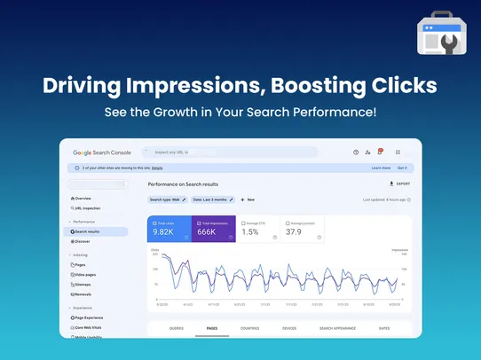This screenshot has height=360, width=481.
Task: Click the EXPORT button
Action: pyautogui.click(x=400, y=184)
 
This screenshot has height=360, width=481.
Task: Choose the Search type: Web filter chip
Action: pyautogui.click(x=169, y=200)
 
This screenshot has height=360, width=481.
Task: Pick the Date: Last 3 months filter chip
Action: pyautogui.click(x=214, y=200)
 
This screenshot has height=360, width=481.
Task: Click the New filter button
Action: pyautogui.click(x=248, y=200)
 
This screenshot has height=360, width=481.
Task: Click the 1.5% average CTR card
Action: pyautogui.click(x=258, y=229)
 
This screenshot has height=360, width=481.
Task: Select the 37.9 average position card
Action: pyautogui.click(x=303, y=229)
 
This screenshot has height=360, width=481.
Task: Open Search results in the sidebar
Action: pyautogui.click(x=89, y=231)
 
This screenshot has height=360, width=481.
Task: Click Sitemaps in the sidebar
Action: pyautogui.click(x=84, y=285)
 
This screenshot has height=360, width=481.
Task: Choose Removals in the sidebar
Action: pyautogui.click(x=85, y=294)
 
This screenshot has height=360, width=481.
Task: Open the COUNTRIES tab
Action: pyautogui.click(x=249, y=328)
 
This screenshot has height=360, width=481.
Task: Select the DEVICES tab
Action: pyautogui.click(x=289, y=328)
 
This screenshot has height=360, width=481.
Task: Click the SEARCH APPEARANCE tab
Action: pyautogui.click(x=336, y=328)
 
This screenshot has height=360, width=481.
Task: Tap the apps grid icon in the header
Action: pyautogui.click(x=398, y=153)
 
